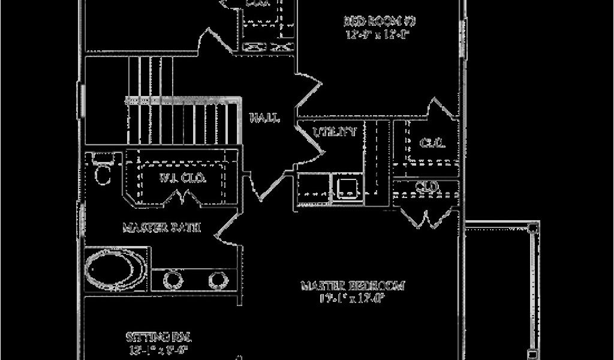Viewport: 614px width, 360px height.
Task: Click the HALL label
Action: point(264,118)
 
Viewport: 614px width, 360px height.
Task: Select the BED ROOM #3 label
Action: point(380,22)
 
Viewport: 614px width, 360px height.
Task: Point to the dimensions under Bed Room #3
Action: point(377,35)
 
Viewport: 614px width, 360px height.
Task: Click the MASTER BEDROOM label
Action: point(352,286)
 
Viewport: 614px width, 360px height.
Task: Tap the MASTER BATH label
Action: point(161,228)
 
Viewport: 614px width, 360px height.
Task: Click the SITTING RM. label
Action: point(158,336)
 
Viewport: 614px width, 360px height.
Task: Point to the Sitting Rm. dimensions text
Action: point(158,349)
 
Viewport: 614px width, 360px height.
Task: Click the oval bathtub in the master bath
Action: point(115,270)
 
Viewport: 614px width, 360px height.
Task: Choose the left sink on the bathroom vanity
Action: point(173,280)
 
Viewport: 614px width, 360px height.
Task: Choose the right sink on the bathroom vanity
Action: point(216,280)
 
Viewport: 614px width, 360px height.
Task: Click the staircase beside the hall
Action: point(180,120)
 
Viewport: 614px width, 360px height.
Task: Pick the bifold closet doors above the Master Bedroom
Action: point(427,217)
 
